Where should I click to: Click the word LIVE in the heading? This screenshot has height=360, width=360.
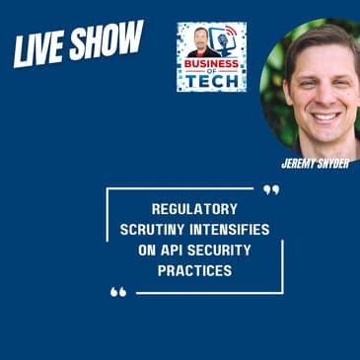pyautogui.click(x=39, y=51)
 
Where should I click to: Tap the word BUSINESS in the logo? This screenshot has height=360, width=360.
pyautogui.click(x=210, y=67)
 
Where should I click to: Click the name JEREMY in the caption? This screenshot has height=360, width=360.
pyautogui.click(x=299, y=163)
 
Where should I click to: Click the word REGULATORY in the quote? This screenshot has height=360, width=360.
pyautogui.click(x=194, y=211)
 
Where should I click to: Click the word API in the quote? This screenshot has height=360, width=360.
pyautogui.click(x=172, y=249)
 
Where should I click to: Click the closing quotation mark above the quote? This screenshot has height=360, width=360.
pyautogui.click(x=271, y=189)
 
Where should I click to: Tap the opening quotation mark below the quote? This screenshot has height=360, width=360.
pyautogui.click(x=118, y=292)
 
